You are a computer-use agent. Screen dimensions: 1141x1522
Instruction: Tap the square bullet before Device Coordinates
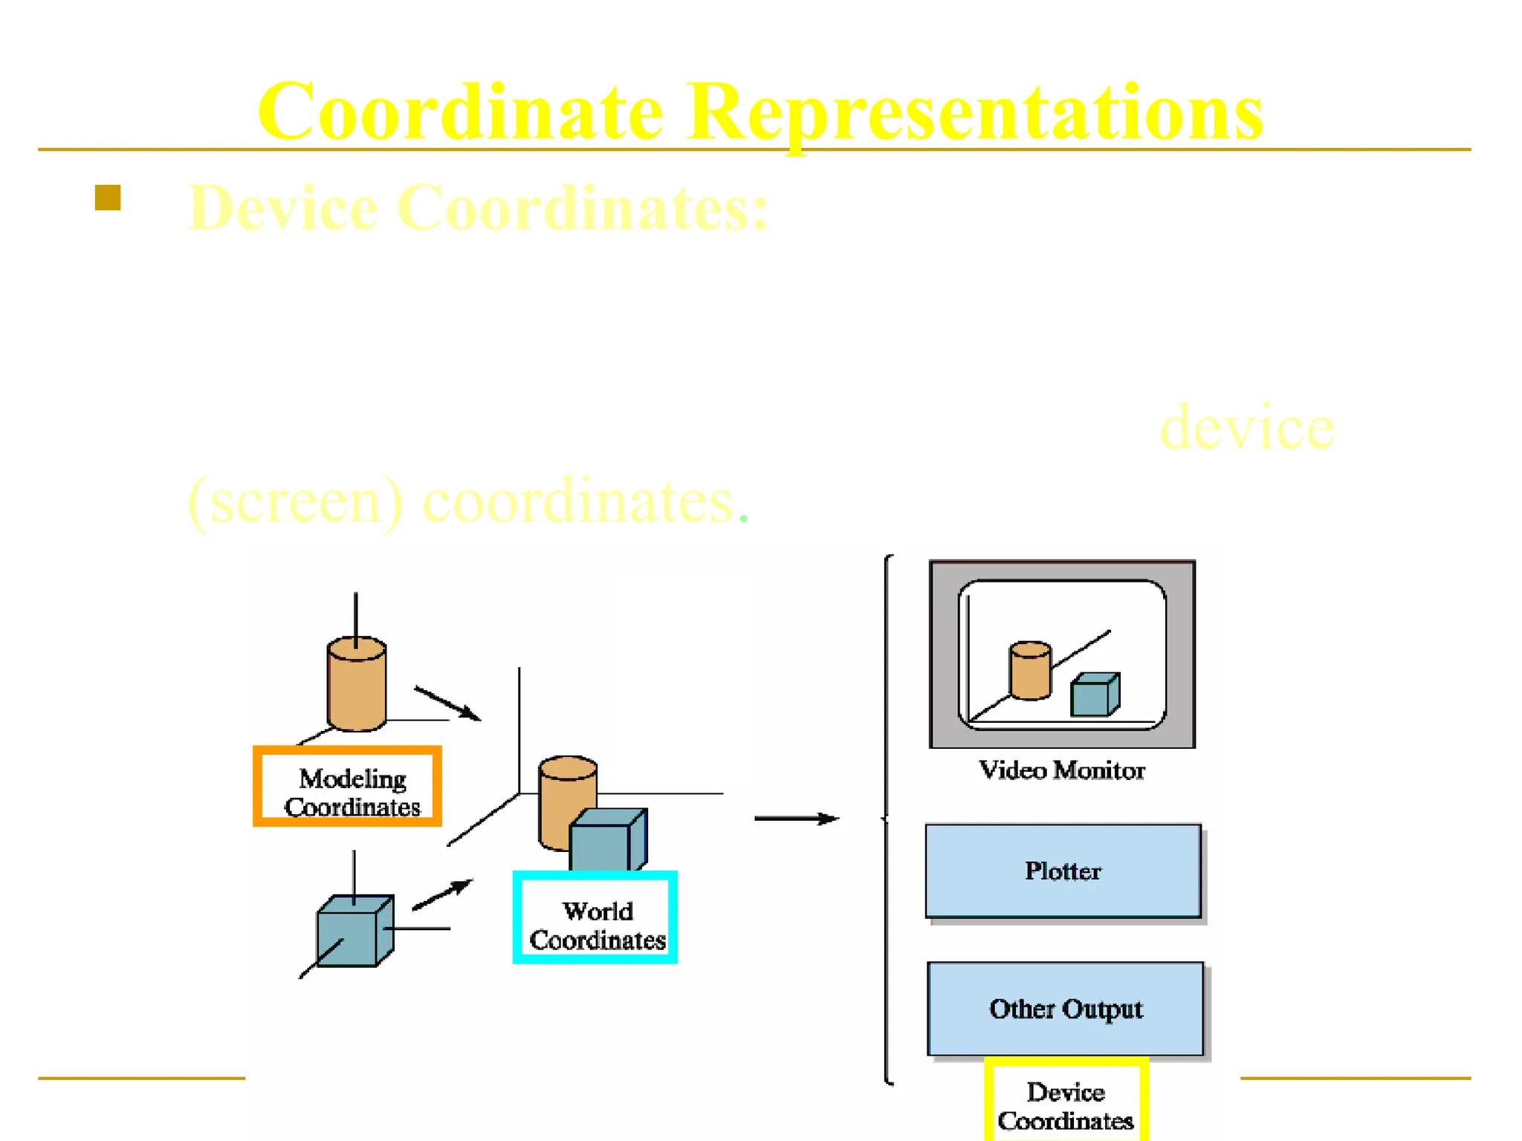108,198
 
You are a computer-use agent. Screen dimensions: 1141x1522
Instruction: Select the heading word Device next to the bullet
282,208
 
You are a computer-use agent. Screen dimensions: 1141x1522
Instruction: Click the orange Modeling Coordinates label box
347,786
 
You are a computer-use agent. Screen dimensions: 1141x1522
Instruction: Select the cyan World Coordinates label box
595,917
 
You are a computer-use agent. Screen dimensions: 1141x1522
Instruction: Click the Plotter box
1063,871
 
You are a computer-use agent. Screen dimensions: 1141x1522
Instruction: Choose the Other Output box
1065,1009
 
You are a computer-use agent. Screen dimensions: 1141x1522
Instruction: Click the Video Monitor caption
1061,770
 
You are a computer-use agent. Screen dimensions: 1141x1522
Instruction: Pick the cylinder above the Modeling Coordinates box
357,683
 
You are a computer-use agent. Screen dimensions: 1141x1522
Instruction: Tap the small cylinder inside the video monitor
1030,671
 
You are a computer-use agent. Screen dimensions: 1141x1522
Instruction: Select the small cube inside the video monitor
1094,695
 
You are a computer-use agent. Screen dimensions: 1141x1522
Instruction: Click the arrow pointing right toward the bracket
795,819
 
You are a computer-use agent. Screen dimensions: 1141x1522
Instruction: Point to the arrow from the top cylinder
447,703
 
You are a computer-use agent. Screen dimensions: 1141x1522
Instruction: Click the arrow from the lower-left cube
442,895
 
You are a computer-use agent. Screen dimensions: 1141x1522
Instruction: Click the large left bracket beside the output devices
887,817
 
